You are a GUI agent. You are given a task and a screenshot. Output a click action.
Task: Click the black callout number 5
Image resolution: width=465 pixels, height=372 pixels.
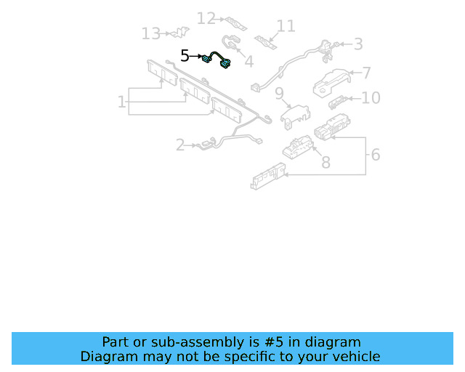click(185, 55)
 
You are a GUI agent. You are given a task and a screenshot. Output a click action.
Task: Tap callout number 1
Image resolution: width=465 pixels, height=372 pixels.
click(122, 102)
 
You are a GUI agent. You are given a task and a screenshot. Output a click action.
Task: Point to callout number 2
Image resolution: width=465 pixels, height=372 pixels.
click(180, 145)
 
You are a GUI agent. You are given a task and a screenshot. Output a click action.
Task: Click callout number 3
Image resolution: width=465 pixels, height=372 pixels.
click(357, 44)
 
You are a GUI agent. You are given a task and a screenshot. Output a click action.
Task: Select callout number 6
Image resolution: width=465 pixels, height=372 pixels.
click(375, 154)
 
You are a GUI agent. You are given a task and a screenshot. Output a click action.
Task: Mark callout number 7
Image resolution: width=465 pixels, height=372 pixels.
click(367, 73)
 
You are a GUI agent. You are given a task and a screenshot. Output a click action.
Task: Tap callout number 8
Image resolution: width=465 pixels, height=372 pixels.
click(325, 162)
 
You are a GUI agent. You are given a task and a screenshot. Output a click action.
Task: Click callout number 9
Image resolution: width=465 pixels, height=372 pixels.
click(278, 93)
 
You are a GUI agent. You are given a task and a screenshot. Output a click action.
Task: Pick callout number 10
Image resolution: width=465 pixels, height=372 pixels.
click(371, 97)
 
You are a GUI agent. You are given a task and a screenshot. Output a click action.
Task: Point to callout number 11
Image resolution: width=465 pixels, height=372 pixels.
click(286, 26)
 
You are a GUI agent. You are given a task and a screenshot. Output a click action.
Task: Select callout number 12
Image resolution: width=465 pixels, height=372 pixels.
click(206, 18)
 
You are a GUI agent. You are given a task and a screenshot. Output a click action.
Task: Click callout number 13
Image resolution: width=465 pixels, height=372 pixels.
click(150, 33)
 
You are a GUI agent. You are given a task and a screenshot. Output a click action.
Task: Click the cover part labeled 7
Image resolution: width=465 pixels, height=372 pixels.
click(331, 82)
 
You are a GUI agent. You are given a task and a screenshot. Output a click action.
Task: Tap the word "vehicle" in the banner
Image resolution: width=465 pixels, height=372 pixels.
click(353, 356)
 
